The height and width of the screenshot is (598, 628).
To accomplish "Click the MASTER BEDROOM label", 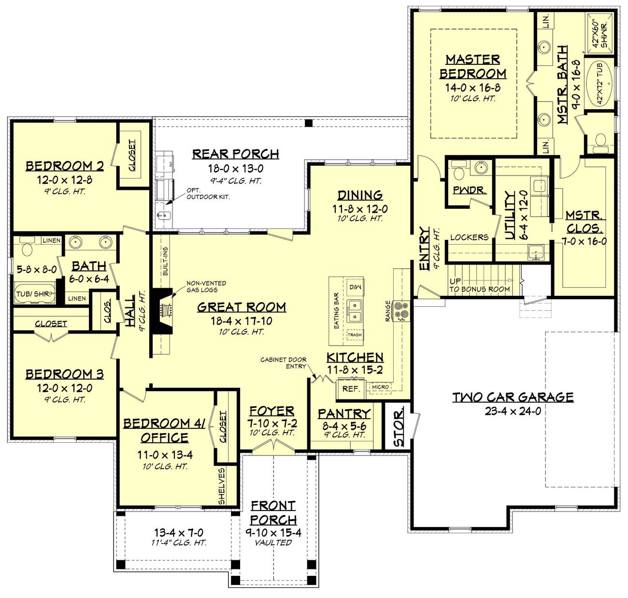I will pos(472,66).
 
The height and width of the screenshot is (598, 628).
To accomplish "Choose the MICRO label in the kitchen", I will pos(381,387).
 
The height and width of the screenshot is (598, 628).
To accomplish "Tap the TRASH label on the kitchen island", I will pos(355,335).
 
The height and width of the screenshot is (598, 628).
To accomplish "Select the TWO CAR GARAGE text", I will pos(513,397).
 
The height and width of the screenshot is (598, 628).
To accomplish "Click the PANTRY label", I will pos(343,414).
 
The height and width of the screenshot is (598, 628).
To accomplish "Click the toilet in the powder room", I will pos(458,171).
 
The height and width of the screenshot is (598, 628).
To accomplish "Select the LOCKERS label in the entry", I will pos(469,237).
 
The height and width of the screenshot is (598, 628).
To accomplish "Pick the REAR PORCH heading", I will pos(235,154).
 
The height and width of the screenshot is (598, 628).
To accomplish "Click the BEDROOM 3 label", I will pos(64,374).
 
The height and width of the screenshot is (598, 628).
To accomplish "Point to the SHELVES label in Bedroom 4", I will pos(222,486).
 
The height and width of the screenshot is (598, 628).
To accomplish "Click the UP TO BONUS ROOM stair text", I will pos(479,285).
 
